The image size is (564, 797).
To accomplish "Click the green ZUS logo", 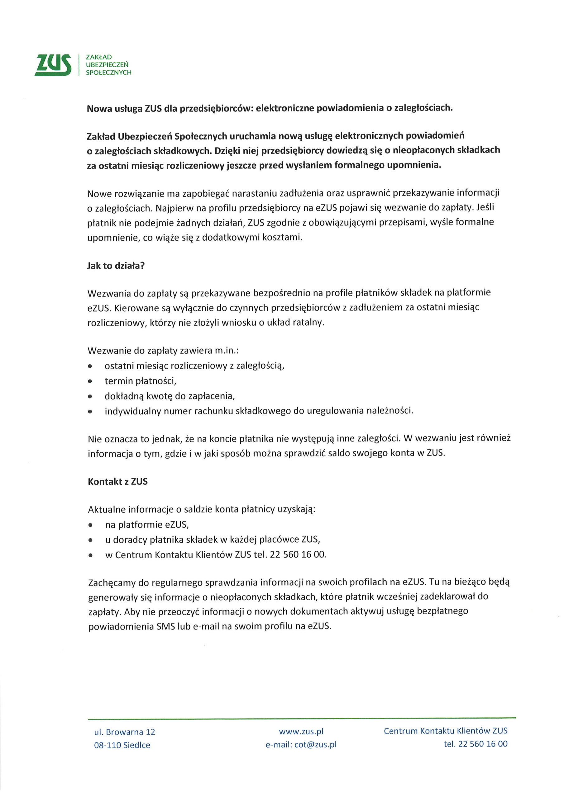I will coord(53,65).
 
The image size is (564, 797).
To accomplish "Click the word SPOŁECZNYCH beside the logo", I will coord(108,73).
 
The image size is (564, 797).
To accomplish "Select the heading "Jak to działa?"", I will coord(116,266).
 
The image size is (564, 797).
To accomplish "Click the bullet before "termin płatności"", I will coord(90,381).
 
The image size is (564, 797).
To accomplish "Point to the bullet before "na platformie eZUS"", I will coord(91,525).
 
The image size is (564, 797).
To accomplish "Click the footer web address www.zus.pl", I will coord(301,731).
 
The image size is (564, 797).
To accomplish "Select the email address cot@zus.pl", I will coord(316,744).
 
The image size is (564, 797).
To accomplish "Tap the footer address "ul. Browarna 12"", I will coord(124,732).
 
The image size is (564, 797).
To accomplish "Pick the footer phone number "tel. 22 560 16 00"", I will coord(476,743).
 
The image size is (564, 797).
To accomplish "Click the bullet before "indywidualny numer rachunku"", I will coord(90,412).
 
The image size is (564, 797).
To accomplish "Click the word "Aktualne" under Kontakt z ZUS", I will coord(107,510).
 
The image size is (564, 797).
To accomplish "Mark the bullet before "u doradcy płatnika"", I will coord(91,540).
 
